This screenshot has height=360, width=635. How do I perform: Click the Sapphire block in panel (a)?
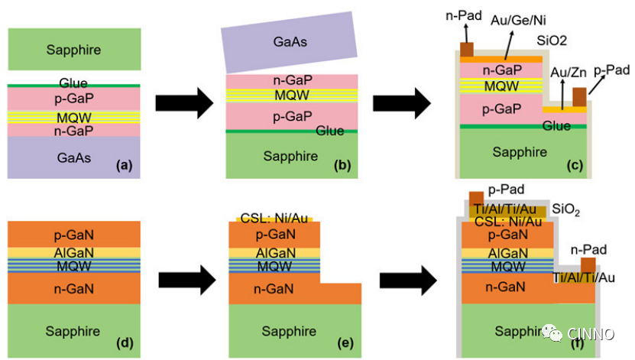73,50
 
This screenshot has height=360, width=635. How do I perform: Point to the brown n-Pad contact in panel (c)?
466,49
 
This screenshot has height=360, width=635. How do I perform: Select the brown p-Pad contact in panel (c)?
579,97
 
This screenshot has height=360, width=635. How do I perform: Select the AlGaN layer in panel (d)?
73,252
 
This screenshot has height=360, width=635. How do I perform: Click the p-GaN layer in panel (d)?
73,234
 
